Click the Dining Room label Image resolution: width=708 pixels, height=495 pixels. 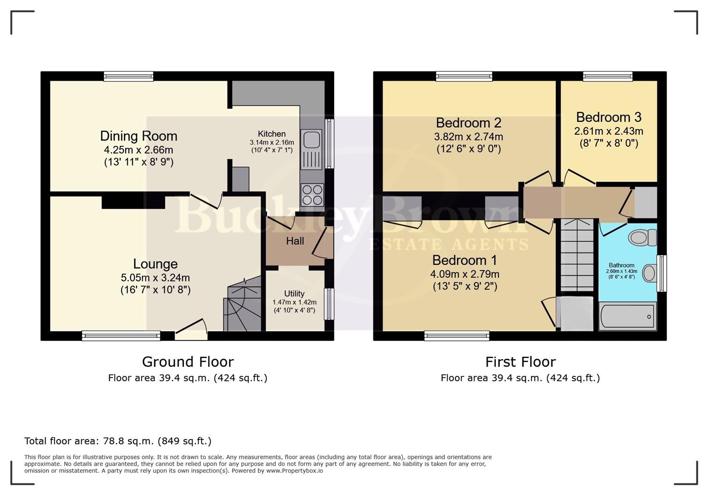138,136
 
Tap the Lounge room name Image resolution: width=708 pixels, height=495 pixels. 155,264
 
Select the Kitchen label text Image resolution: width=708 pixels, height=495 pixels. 271,134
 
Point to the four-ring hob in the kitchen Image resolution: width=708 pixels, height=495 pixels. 312,194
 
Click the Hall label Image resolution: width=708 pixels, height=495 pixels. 295,241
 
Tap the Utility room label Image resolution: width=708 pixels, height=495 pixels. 294,294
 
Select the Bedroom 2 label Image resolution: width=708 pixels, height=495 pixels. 468,123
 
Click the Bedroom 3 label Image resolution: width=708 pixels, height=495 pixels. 608,117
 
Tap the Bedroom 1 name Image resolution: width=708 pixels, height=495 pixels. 465,260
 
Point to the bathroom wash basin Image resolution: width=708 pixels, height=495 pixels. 649,273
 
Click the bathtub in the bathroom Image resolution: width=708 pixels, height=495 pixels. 627,316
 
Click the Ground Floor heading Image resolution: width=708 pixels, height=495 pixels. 188,362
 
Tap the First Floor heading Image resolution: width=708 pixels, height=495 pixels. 520,362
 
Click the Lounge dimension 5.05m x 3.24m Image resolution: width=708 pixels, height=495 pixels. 155,278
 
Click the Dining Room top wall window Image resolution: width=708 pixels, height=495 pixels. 128,77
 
